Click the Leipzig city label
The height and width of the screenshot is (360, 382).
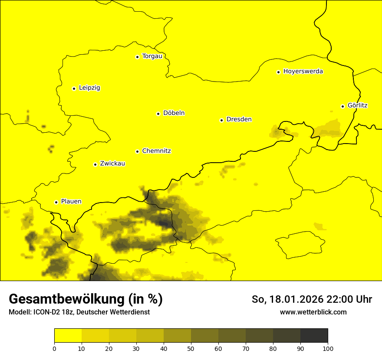pos(89,88)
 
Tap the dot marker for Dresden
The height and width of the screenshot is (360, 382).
pos(221,120)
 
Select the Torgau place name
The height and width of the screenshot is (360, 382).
pos(152,56)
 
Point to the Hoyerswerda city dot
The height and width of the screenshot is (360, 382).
pos(278,72)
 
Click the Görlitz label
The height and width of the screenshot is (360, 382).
pos(357,105)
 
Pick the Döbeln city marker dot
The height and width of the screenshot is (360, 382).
pos(158,114)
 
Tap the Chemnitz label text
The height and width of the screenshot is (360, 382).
pos(156,151)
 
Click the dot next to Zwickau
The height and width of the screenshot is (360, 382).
pos(95,164)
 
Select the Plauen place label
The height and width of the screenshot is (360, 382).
pos(71,202)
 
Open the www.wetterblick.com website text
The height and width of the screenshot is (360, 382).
pos(313,312)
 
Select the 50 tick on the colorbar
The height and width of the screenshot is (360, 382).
pos(191,348)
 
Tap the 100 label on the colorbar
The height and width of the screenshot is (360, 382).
pos(328,348)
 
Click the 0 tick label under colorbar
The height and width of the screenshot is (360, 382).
pos(54,348)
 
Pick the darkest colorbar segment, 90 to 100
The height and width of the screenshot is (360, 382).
pos(314,335)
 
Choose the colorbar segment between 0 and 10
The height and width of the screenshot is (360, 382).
pos(68,335)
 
